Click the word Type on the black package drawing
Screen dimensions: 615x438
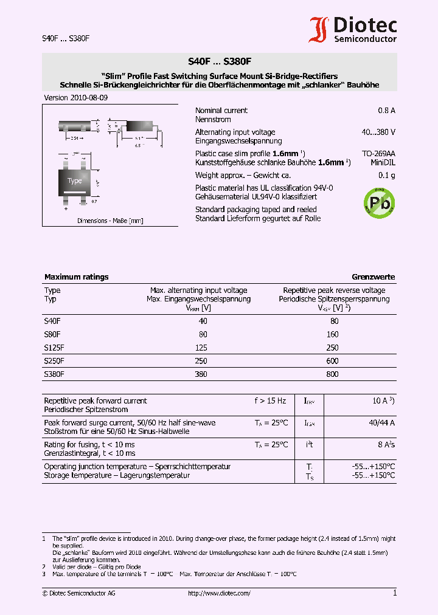tap(75, 180)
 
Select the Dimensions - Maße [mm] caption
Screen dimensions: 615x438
tap(110, 221)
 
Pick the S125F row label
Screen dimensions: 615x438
tap(54, 348)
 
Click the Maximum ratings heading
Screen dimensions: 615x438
tap(76, 277)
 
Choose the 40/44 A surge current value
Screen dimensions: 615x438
tap(382, 422)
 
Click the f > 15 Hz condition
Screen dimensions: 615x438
tap(270, 401)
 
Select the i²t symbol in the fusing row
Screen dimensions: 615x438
tap(309, 444)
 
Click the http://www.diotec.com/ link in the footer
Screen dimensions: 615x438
tap(219, 593)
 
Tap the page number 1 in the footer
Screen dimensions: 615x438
tap(394, 593)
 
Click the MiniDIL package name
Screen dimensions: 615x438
tap(383, 162)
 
